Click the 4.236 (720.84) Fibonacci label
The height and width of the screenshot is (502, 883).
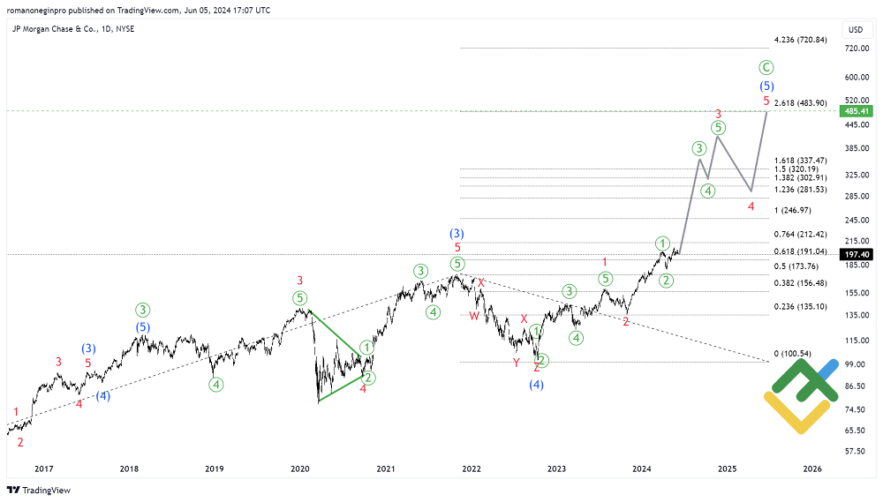(x=799, y=40)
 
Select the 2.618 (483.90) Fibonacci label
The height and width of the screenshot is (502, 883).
(x=800, y=103)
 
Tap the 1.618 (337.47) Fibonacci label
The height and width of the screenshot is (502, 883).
(x=799, y=161)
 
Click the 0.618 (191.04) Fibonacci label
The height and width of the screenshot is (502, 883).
(x=799, y=251)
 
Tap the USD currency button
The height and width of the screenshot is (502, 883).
(x=855, y=30)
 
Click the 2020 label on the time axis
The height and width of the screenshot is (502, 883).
(x=299, y=469)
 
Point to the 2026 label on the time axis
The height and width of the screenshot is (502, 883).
(x=812, y=469)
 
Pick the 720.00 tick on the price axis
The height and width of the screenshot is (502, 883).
(x=854, y=49)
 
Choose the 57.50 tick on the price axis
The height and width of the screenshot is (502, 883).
(x=854, y=451)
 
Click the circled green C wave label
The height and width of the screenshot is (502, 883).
(x=766, y=67)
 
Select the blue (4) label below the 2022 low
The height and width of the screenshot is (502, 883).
(x=536, y=385)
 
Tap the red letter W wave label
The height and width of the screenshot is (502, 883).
(x=474, y=316)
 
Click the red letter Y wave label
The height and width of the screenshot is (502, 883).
(x=517, y=363)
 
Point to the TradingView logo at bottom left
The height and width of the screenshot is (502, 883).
(x=39, y=490)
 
